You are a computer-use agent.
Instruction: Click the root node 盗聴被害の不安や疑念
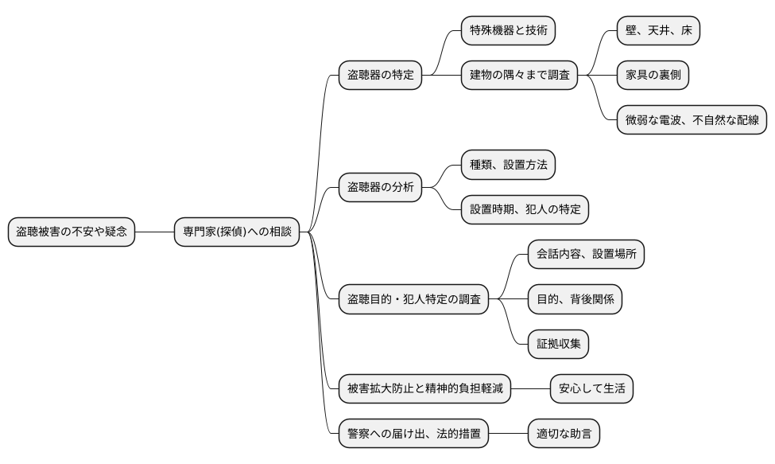(72, 232)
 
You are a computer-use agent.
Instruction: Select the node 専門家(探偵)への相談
(237, 232)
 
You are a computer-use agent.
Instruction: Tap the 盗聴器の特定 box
(380, 76)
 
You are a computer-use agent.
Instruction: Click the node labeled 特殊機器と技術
(508, 30)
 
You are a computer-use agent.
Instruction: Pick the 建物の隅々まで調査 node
(519, 76)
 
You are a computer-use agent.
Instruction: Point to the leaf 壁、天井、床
(659, 30)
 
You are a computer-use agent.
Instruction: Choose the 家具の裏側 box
(653, 76)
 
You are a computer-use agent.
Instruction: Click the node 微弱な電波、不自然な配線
(692, 121)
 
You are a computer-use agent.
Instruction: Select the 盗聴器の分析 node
(380, 188)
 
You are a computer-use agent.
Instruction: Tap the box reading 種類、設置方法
(508, 165)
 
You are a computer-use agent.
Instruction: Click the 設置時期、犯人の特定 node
(525, 210)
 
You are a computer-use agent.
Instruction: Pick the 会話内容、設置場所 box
(586, 255)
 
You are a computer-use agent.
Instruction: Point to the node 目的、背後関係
(575, 300)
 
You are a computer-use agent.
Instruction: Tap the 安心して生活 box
(591, 390)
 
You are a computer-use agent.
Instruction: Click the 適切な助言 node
(564, 435)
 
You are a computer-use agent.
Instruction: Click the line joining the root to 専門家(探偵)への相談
(154, 232)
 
